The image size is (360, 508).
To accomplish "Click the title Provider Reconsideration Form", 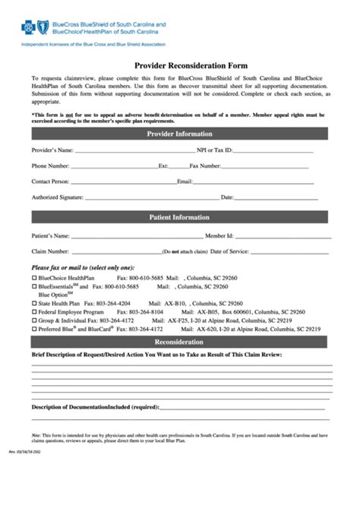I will [x=180, y=66].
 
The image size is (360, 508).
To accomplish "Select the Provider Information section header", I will [x=179, y=134].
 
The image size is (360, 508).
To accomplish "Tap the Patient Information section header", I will [x=179, y=217].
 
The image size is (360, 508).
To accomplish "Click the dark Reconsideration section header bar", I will [x=179, y=342].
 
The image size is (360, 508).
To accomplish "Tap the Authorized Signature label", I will [x=57, y=197].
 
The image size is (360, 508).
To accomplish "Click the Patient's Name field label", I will [x=51, y=235].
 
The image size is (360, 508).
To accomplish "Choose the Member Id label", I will [x=219, y=235].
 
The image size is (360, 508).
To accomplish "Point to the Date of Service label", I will [x=229, y=251].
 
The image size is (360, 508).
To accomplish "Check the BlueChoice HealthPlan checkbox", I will [x=33, y=279].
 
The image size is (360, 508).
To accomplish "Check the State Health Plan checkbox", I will [x=33, y=303].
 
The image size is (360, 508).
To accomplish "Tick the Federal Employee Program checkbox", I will [x=33, y=312].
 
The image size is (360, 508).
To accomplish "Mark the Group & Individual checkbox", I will [x=33, y=320].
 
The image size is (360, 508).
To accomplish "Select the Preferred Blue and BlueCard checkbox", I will [x=33, y=329].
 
